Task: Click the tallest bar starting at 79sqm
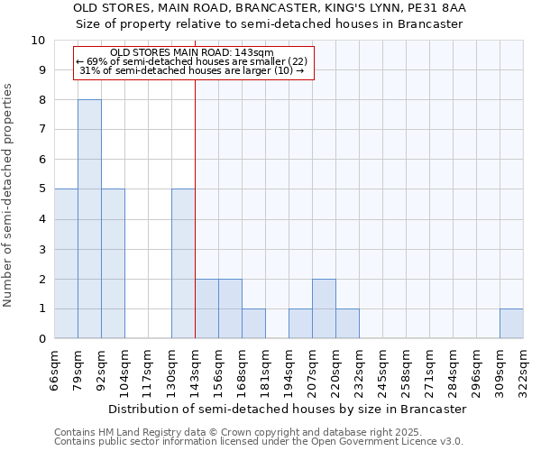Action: pyautogui.click(x=89, y=219)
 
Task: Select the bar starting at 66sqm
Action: pyautogui.click(x=66, y=263)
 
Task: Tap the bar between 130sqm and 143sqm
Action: pyautogui.click(x=183, y=263)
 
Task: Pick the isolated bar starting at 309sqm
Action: pyautogui.click(x=511, y=324)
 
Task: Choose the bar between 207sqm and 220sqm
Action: pyautogui.click(x=324, y=308)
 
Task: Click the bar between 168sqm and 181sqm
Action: pyautogui.click(x=253, y=324)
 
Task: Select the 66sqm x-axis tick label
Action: pyautogui.click(x=55, y=369)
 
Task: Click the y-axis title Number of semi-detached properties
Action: pyautogui.click(x=9, y=195)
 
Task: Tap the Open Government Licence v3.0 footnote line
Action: pyautogui.click(x=259, y=442)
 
